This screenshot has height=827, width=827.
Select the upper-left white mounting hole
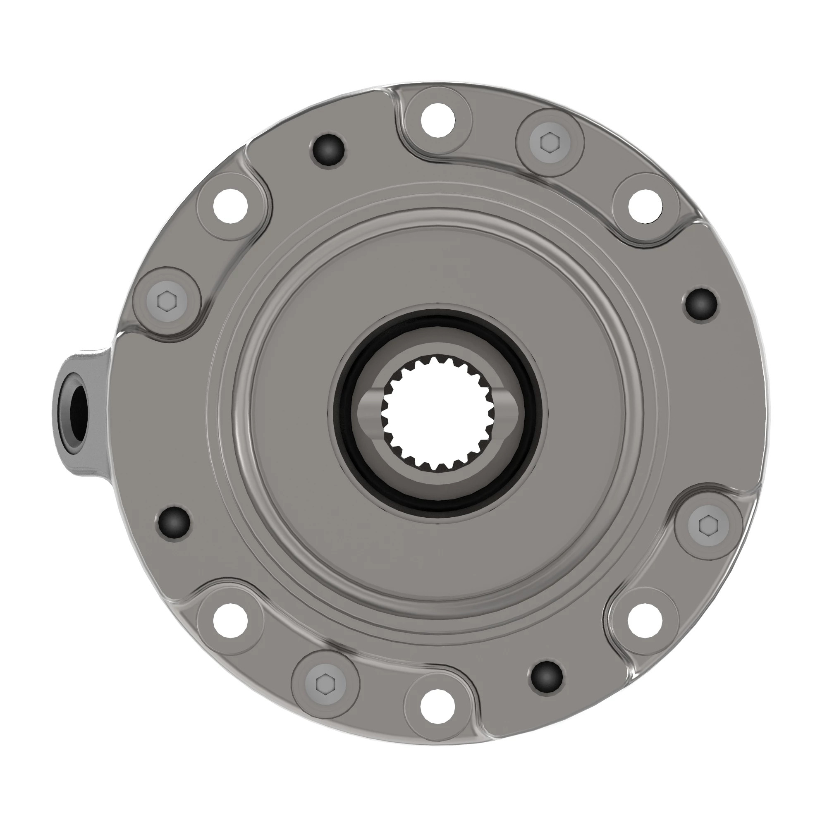coord(231,206)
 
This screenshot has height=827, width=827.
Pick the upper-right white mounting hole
coord(646,206)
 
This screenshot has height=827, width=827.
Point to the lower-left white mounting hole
coord(231,621)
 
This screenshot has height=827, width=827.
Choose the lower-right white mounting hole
coord(645,620)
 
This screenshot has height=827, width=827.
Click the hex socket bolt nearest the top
coord(550,143)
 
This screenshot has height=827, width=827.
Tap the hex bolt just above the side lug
coord(167,301)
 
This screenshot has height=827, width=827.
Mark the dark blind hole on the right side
coord(701,304)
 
